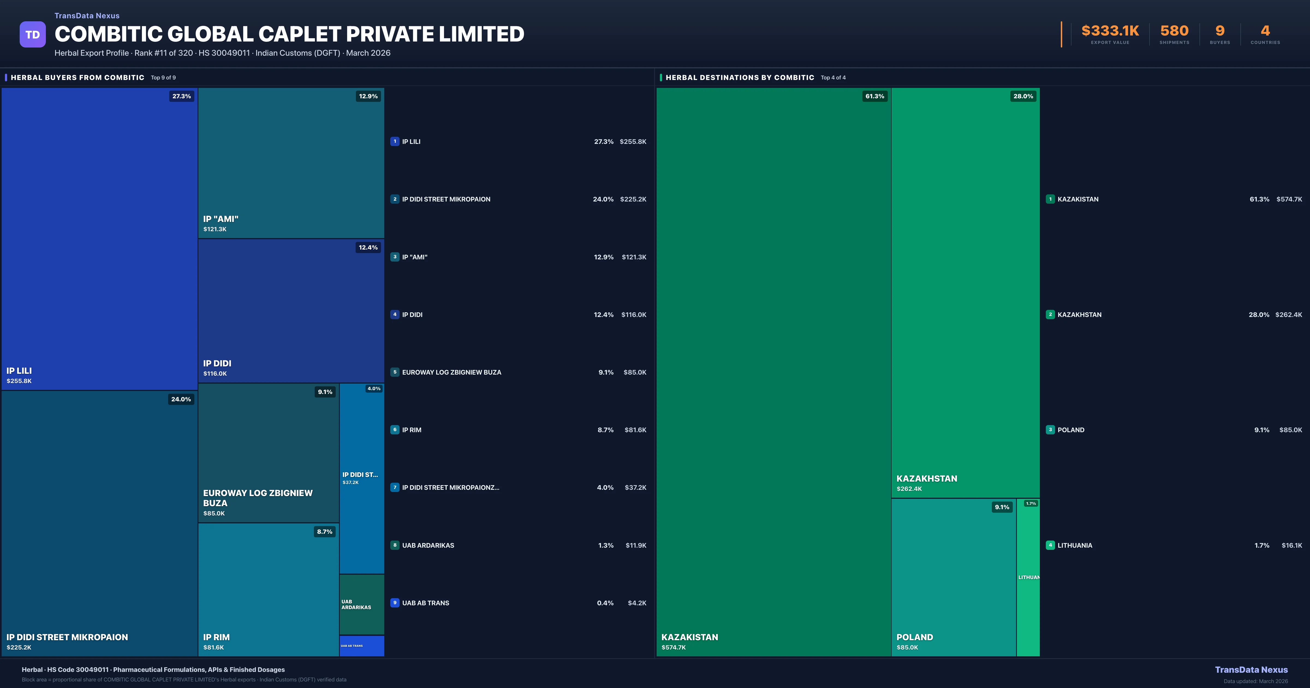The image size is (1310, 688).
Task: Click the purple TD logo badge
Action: [x=32, y=35]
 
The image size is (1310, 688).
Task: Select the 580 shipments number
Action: [x=1174, y=31]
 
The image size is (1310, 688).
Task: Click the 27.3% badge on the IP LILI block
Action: [x=181, y=96]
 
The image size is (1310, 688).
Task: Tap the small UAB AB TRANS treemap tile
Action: [x=362, y=646]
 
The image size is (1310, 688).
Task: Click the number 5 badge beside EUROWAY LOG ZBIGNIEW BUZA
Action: [x=395, y=372]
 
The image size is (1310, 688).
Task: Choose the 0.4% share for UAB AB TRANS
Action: [x=605, y=603]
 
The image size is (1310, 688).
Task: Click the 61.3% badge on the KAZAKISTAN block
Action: [x=875, y=96]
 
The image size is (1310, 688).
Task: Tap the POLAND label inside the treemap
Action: [x=914, y=637]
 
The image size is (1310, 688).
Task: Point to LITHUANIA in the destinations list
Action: [x=1074, y=545]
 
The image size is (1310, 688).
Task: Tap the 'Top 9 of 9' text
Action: [x=163, y=78]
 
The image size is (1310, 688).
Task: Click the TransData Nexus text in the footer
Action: [x=1251, y=670]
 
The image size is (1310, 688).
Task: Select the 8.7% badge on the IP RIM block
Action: [x=324, y=532]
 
